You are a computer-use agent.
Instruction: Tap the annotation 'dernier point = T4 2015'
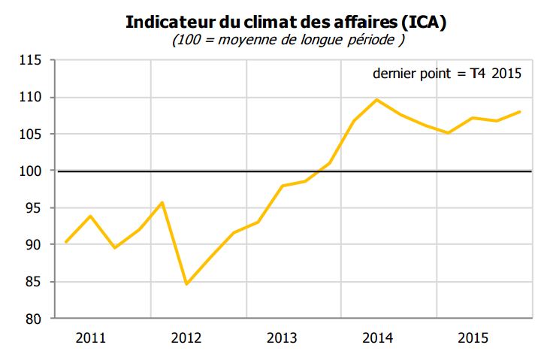(447, 74)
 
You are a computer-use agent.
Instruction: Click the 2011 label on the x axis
(91, 338)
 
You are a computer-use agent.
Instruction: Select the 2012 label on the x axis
(186, 338)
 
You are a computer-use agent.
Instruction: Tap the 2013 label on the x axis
(282, 338)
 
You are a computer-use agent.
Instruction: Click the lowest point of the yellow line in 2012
(186, 284)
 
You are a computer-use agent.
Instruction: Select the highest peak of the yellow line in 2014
(376, 100)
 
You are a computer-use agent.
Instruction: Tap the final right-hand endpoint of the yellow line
(520, 112)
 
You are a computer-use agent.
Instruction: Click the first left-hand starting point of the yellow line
(66, 242)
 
